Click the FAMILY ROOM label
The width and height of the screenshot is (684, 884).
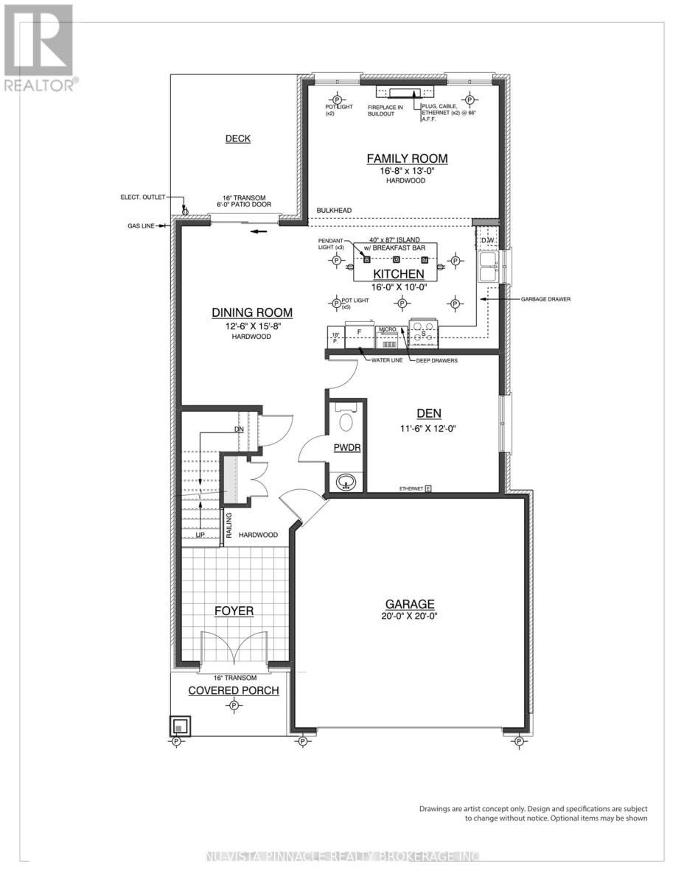click(x=407, y=158)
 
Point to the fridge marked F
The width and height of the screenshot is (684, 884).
click(x=359, y=333)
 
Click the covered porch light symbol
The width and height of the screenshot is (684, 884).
click(x=234, y=706)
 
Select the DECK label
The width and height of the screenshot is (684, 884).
click(x=238, y=138)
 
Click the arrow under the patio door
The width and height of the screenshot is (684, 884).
click(x=257, y=231)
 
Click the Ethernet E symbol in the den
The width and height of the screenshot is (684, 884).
click(x=427, y=488)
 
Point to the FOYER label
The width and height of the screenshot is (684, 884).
click(x=234, y=611)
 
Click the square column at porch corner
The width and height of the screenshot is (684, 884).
click(x=180, y=726)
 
